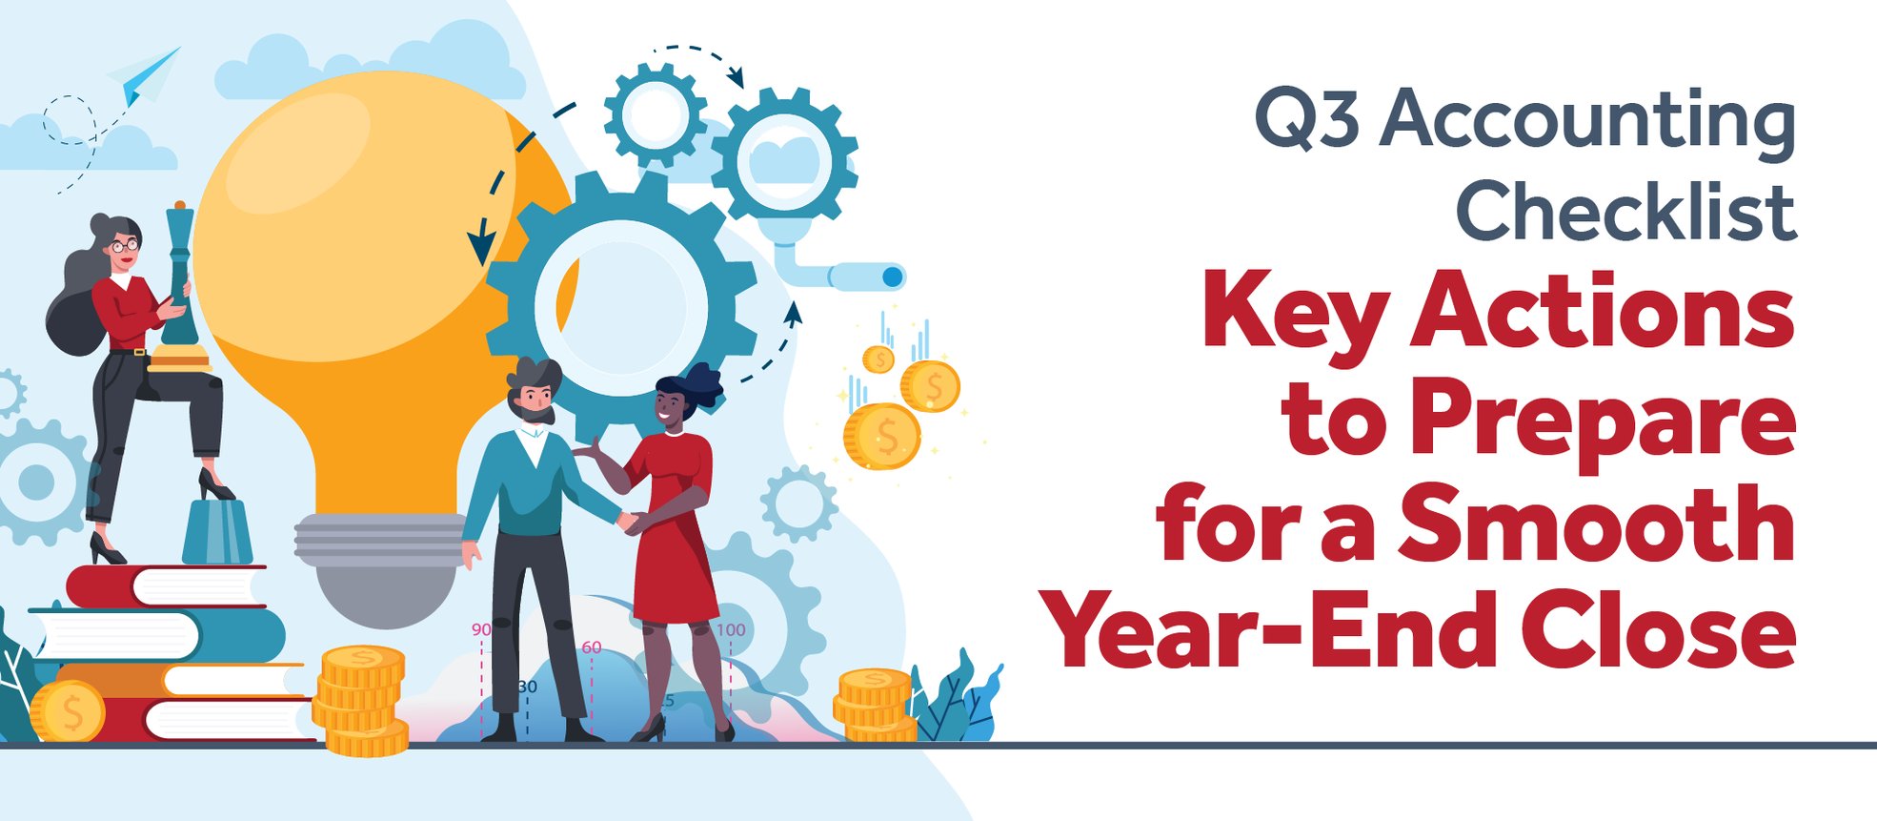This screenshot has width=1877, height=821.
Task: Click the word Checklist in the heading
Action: [x=1625, y=212]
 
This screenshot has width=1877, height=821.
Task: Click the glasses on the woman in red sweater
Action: [x=125, y=246]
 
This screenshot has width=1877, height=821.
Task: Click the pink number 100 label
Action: [x=731, y=630]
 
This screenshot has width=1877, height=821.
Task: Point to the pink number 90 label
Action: [x=481, y=630]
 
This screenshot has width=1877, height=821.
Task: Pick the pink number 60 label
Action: [x=592, y=647]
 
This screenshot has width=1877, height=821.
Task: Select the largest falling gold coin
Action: [x=881, y=436]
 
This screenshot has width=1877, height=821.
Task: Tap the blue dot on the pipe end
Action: [x=892, y=277]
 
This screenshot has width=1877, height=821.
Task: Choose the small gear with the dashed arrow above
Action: [x=656, y=114]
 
